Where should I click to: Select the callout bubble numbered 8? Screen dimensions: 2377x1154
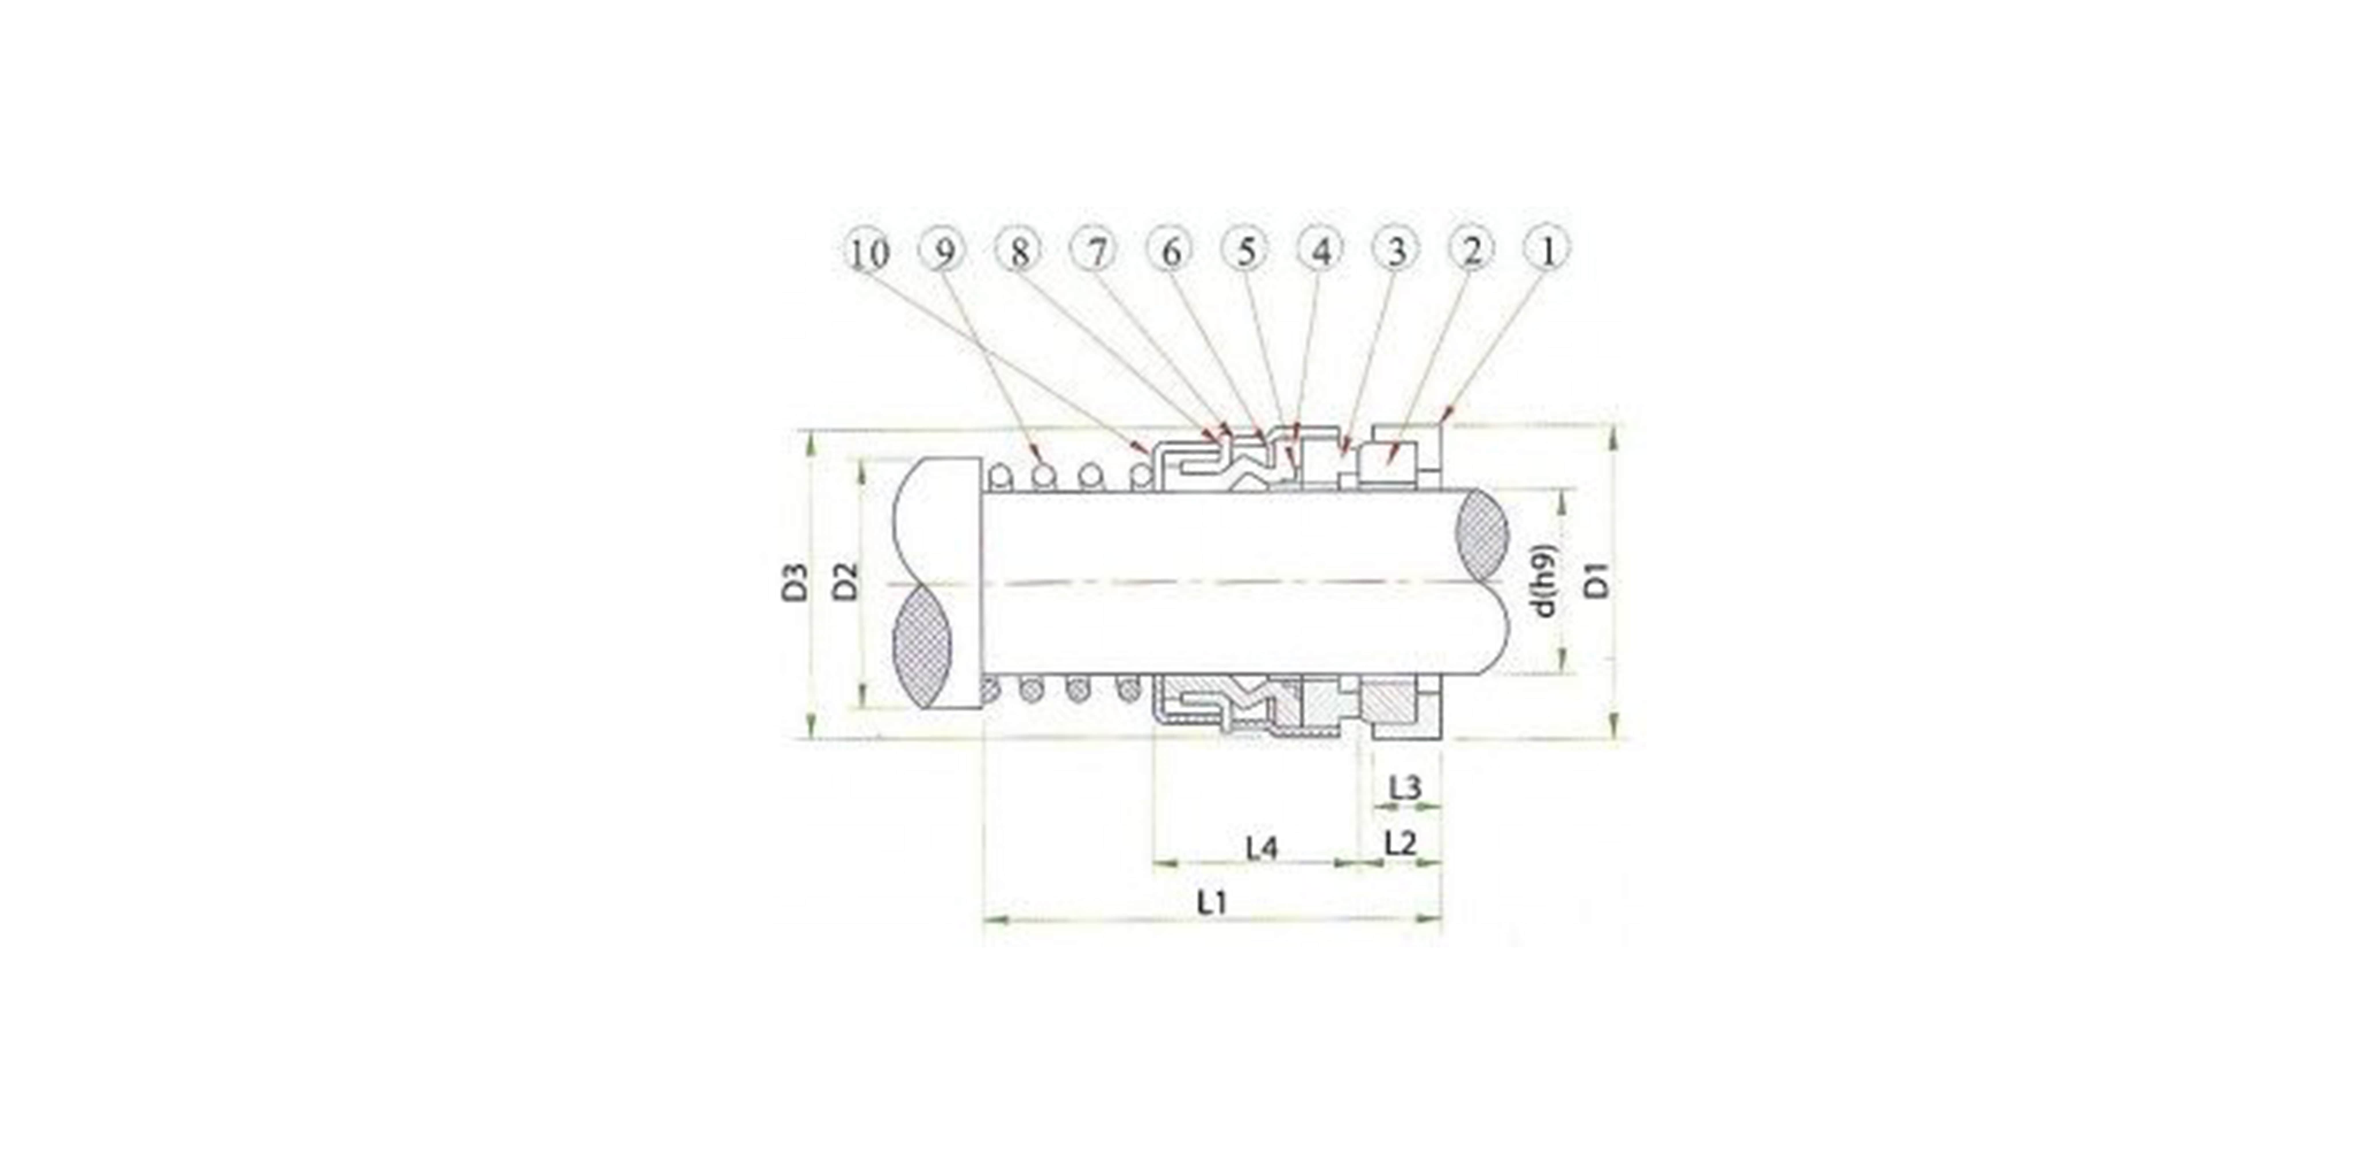(1019, 251)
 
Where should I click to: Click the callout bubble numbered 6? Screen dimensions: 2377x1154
(1170, 251)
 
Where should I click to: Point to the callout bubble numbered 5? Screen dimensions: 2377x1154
(1246, 251)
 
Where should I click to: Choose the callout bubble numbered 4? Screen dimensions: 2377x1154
(1321, 251)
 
